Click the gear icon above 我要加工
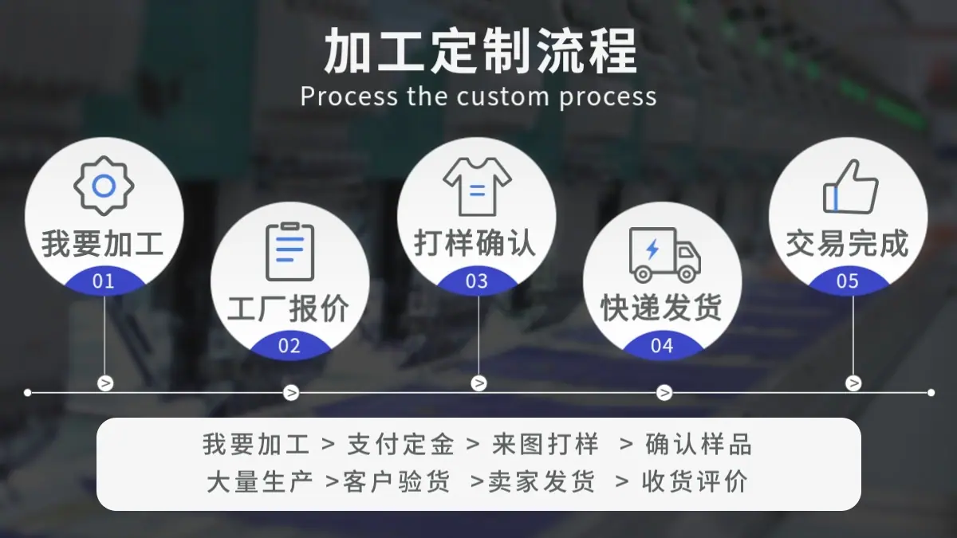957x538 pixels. [x=104, y=186]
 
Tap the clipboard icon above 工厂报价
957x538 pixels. [x=290, y=252]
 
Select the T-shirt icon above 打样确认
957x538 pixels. [x=477, y=187]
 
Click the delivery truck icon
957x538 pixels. [x=665, y=255]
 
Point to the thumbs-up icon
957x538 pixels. [x=851, y=187]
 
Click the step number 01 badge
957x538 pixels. [x=104, y=281]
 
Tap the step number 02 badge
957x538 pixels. [x=289, y=345]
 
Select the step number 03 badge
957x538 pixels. [x=477, y=281]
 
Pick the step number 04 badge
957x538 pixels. [x=662, y=345]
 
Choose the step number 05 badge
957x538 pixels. [x=848, y=281]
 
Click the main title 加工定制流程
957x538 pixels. [x=481, y=51]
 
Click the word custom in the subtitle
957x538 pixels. [x=502, y=96]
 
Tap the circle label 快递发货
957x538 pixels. [x=662, y=308]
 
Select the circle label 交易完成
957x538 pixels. [x=848, y=243]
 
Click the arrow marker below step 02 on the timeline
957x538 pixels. [x=291, y=392]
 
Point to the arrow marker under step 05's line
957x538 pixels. [x=853, y=383]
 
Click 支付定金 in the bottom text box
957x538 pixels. [x=400, y=444]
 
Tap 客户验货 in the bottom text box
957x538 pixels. [x=396, y=481]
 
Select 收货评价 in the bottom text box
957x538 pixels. [x=695, y=481]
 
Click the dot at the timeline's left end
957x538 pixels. [x=28, y=392]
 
